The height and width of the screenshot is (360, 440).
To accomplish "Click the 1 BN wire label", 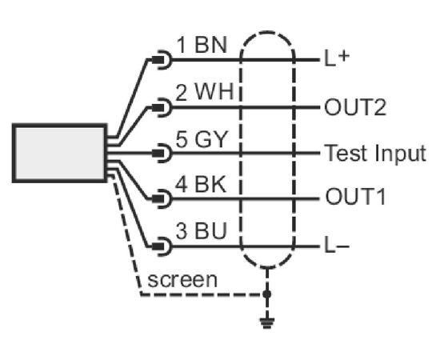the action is (x=202, y=45).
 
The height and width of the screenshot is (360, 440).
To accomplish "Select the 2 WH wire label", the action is (x=205, y=92).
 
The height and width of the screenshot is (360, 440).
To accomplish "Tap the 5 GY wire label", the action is (x=201, y=139).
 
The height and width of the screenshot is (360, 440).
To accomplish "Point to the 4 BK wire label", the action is (x=201, y=184).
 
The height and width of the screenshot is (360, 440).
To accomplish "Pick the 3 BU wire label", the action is (x=201, y=230).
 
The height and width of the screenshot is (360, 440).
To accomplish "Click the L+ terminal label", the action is (x=337, y=58).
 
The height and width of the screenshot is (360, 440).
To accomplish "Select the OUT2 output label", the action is (x=355, y=107).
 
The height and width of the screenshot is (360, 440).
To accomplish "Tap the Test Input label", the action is (x=375, y=154).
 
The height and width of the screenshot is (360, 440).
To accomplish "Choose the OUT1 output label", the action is (x=355, y=197).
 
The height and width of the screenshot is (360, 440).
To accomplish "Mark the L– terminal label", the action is (x=337, y=246).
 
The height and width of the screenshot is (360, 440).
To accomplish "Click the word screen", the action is (x=182, y=280).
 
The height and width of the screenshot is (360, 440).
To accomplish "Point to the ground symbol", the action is (x=267, y=322).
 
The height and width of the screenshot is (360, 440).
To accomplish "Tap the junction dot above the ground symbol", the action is (x=267, y=294).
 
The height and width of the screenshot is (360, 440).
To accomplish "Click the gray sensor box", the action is (x=59, y=153).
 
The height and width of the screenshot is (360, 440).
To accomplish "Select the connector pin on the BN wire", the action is (x=162, y=60).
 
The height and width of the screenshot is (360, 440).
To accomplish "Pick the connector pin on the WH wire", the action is (x=162, y=107).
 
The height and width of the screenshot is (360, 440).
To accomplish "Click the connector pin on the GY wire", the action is (x=162, y=153).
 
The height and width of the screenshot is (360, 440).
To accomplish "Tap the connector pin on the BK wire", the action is (x=162, y=199).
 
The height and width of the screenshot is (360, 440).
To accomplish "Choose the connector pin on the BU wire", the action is (x=162, y=246).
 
